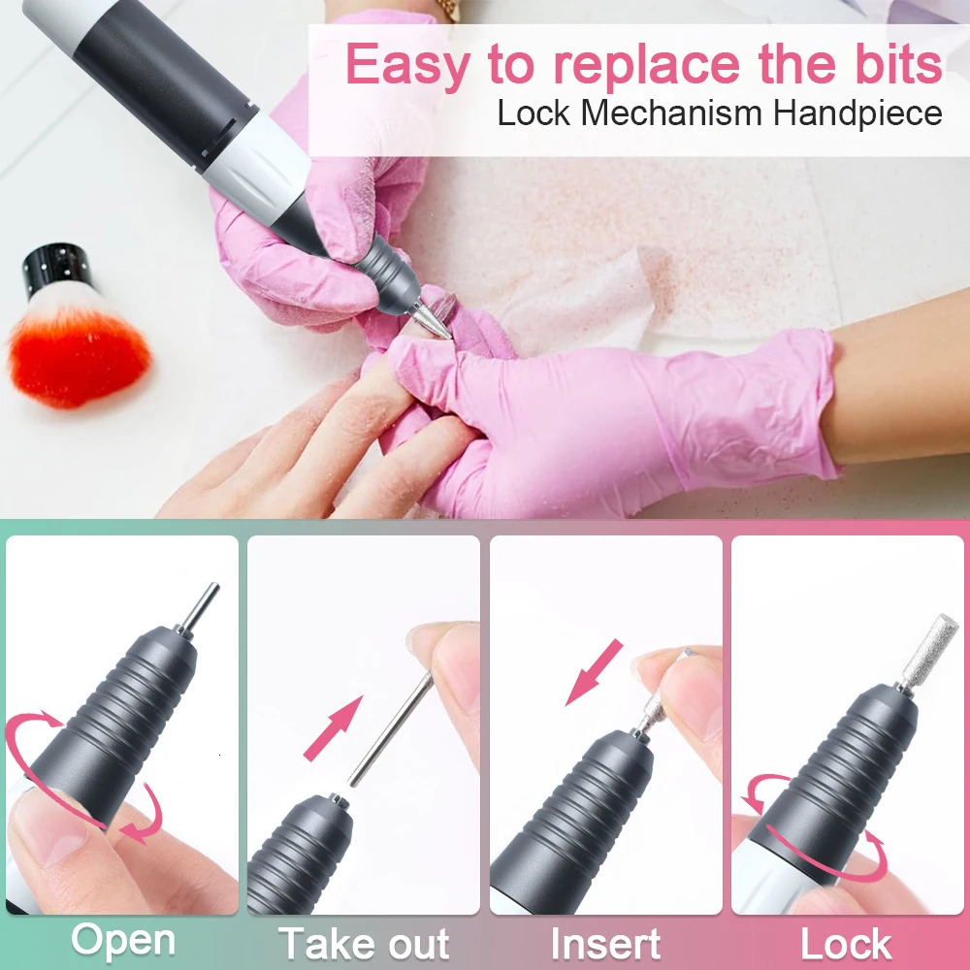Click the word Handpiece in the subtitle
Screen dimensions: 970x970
(x=857, y=113)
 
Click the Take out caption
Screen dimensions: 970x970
(x=364, y=944)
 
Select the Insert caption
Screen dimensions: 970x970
(x=605, y=944)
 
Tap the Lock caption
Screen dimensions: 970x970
(x=846, y=944)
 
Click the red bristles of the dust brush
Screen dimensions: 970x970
(x=78, y=356)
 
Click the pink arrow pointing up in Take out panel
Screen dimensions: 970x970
(x=333, y=728)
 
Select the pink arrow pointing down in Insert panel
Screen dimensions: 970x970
(x=594, y=672)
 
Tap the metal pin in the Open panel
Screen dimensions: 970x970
(x=199, y=609)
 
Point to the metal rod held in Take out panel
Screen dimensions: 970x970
(x=391, y=729)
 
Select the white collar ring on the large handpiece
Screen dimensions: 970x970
(x=256, y=166)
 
